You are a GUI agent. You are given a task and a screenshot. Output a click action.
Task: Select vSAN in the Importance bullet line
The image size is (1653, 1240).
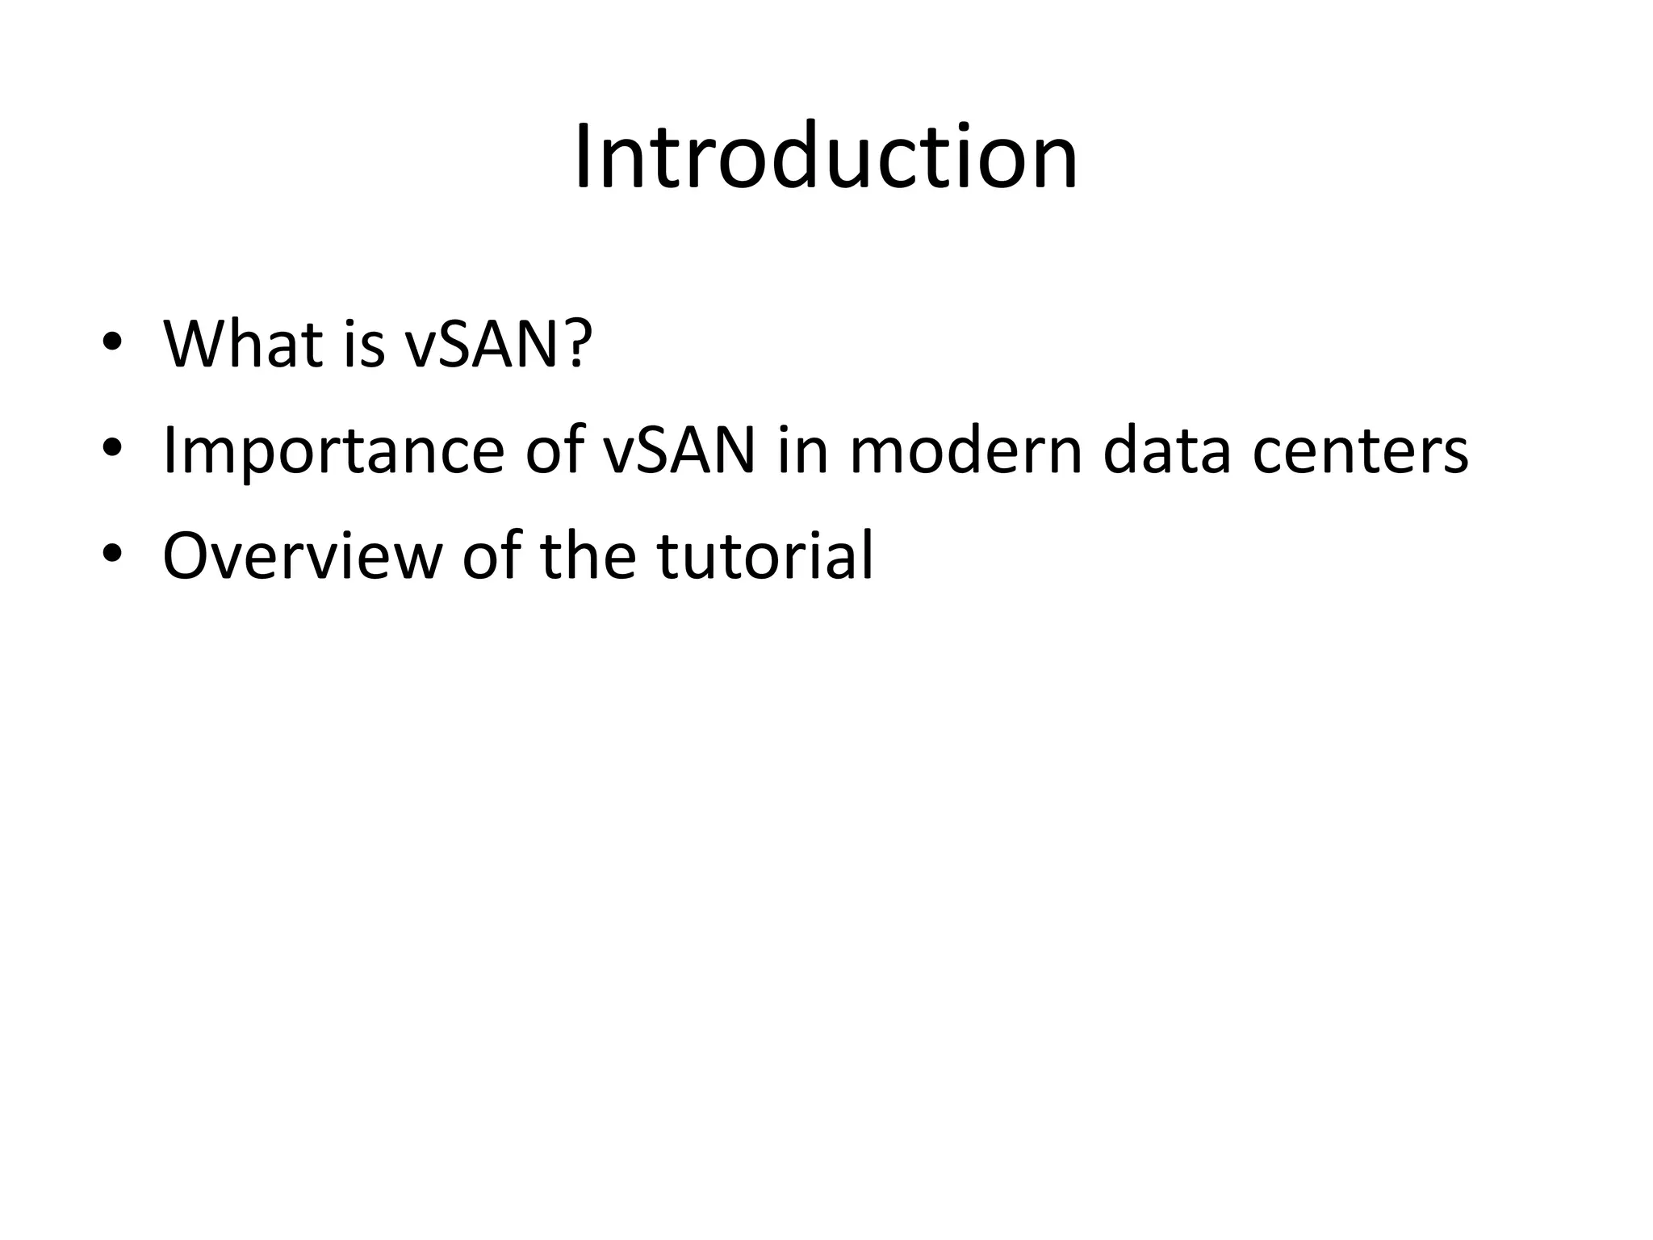[x=680, y=450]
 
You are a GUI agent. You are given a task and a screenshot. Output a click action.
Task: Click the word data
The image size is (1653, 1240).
[x=1167, y=450]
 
